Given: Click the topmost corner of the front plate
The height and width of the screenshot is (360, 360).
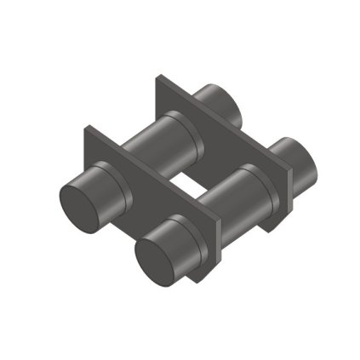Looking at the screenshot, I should coord(86,128).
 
